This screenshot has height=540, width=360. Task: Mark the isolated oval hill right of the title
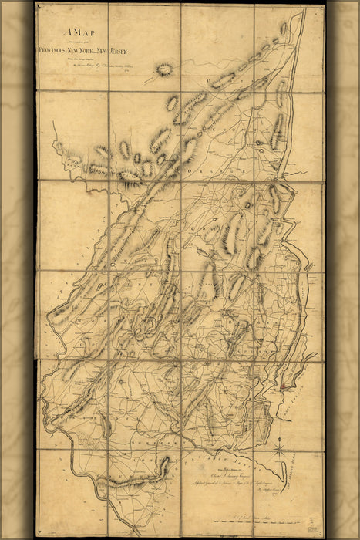pos(163,69)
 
